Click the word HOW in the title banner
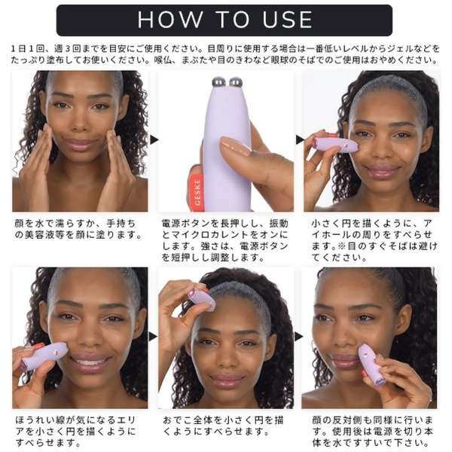pos(170,20)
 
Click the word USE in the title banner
pos(287,20)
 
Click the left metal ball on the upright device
pos(218,82)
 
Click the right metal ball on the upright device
pos(236,82)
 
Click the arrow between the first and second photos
pos(154,140)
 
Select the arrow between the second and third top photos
pos(300,140)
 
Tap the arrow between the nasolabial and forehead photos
pos(153,337)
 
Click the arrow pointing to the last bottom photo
pos(298,337)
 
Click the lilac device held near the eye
pos(335,145)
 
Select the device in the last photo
pos(372,365)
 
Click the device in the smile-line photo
pos(44,356)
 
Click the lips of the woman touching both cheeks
pos(81,143)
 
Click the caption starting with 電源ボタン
pos(224,240)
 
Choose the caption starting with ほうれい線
pos(75,431)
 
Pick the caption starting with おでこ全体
pos(224,426)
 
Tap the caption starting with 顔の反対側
pos(372,431)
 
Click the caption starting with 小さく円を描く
pos(374,240)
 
